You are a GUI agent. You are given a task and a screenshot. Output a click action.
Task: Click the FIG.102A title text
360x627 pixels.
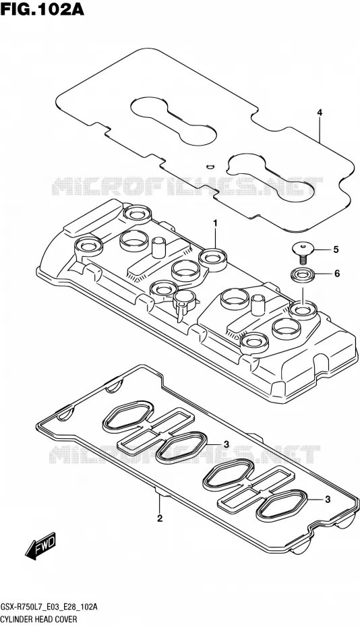pos(42,9)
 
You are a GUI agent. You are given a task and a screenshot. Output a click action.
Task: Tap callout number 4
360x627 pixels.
pos(320,113)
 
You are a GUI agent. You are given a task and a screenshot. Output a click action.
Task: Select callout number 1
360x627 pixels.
pos(215,223)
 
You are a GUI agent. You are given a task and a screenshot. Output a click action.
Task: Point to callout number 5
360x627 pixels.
pos(336,249)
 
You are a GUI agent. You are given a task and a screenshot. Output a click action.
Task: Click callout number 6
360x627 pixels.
pos(337,274)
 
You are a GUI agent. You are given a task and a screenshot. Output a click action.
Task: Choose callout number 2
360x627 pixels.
pos(160,518)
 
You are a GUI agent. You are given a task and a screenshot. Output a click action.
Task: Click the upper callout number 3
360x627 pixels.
pos(226,444)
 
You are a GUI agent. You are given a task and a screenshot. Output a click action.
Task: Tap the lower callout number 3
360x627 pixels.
pos(328,499)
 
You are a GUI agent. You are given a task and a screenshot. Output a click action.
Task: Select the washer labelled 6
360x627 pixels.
pos(303,274)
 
